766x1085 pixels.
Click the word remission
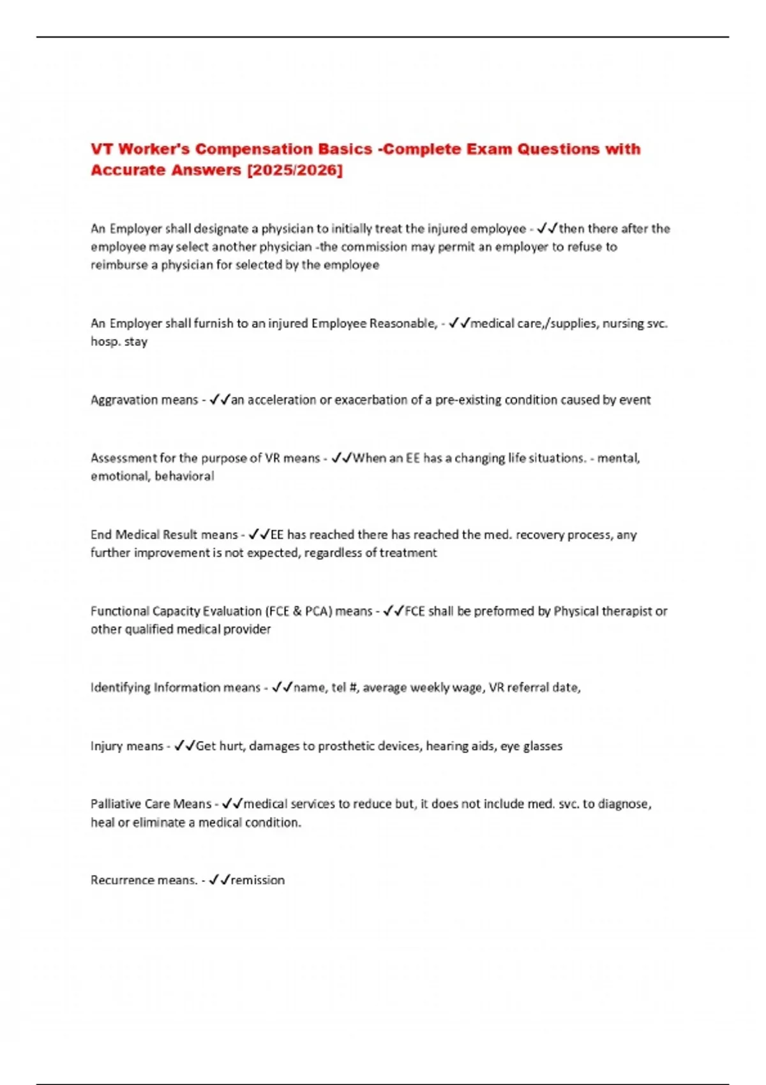point(258,880)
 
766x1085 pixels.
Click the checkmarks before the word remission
point(219,880)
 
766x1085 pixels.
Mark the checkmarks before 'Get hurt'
point(184,746)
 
